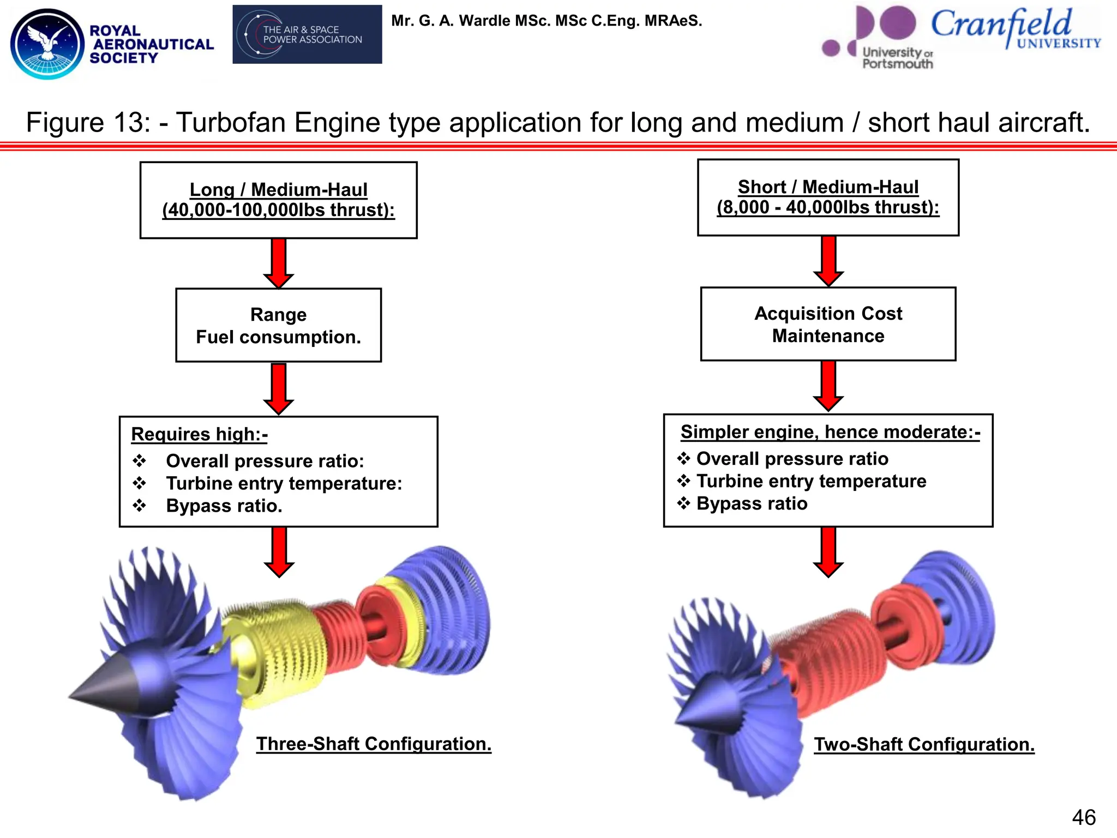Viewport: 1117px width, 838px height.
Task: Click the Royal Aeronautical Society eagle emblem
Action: [x=47, y=44]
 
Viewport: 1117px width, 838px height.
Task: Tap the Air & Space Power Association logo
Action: [x=307, y=34]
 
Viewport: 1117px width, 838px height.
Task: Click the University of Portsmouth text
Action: [x=897, y=58]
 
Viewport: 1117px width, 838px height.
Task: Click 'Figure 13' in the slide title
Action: [x=87, y=122]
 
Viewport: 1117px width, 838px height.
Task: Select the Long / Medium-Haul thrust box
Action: [x=278, y=200]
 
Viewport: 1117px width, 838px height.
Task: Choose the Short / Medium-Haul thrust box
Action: [x=827, y=197]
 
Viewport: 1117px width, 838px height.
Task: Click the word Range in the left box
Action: [x=278, y=315]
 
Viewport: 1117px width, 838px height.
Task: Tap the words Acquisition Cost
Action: [x=827, y=314]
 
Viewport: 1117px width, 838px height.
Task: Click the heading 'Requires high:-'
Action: [x=199, y=434]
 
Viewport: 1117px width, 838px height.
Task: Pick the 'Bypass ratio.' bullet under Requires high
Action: [x=224, y=506]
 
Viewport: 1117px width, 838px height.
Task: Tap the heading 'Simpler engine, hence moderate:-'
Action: [x=830, y=432]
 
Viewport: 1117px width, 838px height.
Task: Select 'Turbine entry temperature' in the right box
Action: [x=810, y=481]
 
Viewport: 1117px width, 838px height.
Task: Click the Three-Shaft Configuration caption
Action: [x=374, y=744]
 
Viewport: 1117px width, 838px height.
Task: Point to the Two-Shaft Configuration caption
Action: [x=923, y=745]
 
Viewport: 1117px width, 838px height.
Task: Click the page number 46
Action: [x=1083, y=817]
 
